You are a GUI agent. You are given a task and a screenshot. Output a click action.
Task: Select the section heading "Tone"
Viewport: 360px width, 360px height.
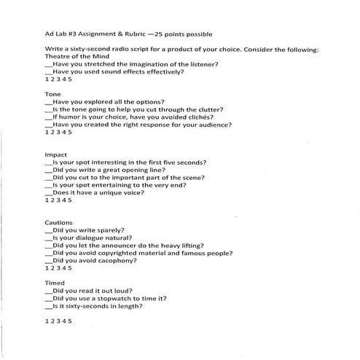pyautogui.click(x=52, y=95)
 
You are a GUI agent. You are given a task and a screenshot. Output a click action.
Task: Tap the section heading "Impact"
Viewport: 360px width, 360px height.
pyautogui.click(x=56, y=155)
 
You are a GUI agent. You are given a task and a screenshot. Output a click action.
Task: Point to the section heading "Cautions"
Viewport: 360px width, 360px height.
pyautogui.click(x=59, y=222)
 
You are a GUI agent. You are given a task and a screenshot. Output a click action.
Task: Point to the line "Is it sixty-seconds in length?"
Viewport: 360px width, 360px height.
pyautogui.click(x=98, y=306)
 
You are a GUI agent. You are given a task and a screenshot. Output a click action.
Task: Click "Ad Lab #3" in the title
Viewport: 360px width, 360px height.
pyautogui.click(x=64, y=33)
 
